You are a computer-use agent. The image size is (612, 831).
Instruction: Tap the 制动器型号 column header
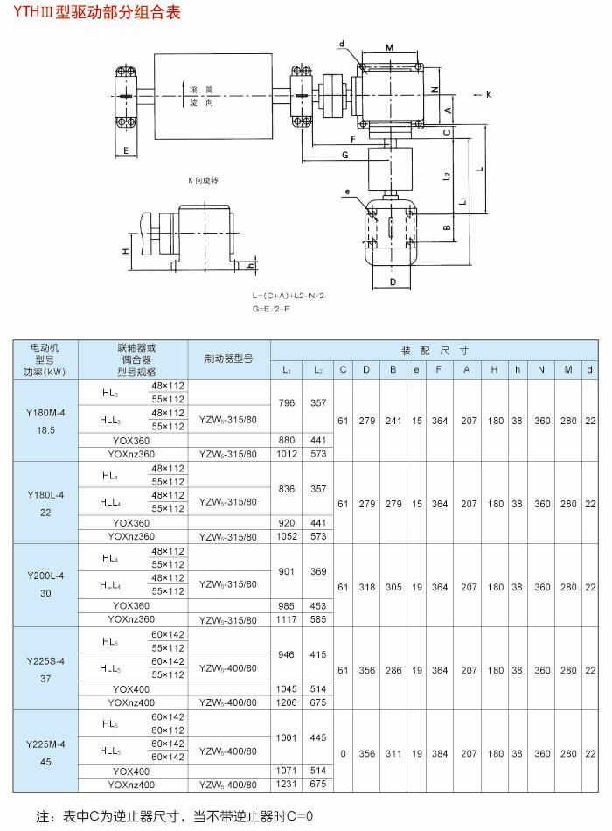[228, 359]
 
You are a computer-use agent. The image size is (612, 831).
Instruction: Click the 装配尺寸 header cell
[435, 347]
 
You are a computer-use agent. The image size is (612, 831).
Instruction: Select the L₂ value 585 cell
[318, 619]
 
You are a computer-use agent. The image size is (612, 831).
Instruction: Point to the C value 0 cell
[343, 751]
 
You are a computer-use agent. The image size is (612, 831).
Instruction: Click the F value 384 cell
[440, 751]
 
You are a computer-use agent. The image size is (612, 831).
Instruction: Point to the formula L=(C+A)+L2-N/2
[288, 297]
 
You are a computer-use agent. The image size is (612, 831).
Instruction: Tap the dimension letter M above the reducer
[389, 47]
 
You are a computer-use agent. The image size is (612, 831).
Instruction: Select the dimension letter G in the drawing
[345, 154]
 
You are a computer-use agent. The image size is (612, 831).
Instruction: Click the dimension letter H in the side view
[126, 250]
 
